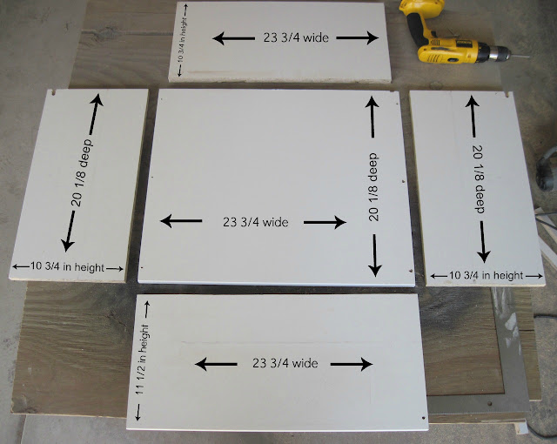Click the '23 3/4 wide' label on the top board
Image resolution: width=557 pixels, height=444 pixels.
[x=296, y=37]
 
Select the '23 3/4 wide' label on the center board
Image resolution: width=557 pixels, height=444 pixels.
[x=255, y=222]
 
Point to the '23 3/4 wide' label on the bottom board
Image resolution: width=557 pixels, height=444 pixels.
[x=285, y=363]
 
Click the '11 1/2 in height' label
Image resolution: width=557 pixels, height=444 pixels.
[x=142, y=360]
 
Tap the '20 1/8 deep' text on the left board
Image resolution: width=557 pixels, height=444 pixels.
[x=81, y=173]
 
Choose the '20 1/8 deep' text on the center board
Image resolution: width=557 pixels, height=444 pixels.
[x=373, y=187]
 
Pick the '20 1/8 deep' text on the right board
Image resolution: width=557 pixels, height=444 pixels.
[x=479, y=179]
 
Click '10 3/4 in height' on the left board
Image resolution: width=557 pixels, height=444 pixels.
[x=68, y=266]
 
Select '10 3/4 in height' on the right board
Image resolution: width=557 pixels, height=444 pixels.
[x=487, y=275]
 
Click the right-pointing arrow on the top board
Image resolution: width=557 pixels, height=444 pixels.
[x=358, y=37]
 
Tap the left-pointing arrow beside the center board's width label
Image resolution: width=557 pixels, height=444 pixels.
[x=181, y=221]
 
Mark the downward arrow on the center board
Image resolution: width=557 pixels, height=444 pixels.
[x=375, y=255]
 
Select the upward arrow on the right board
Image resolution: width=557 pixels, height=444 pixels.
[x=473, y=116]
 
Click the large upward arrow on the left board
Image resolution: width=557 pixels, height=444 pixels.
[x=95, y=114]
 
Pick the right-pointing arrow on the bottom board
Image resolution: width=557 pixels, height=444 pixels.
[x=352, y=364]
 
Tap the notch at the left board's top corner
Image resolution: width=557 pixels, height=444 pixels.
[x=54, y=92]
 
